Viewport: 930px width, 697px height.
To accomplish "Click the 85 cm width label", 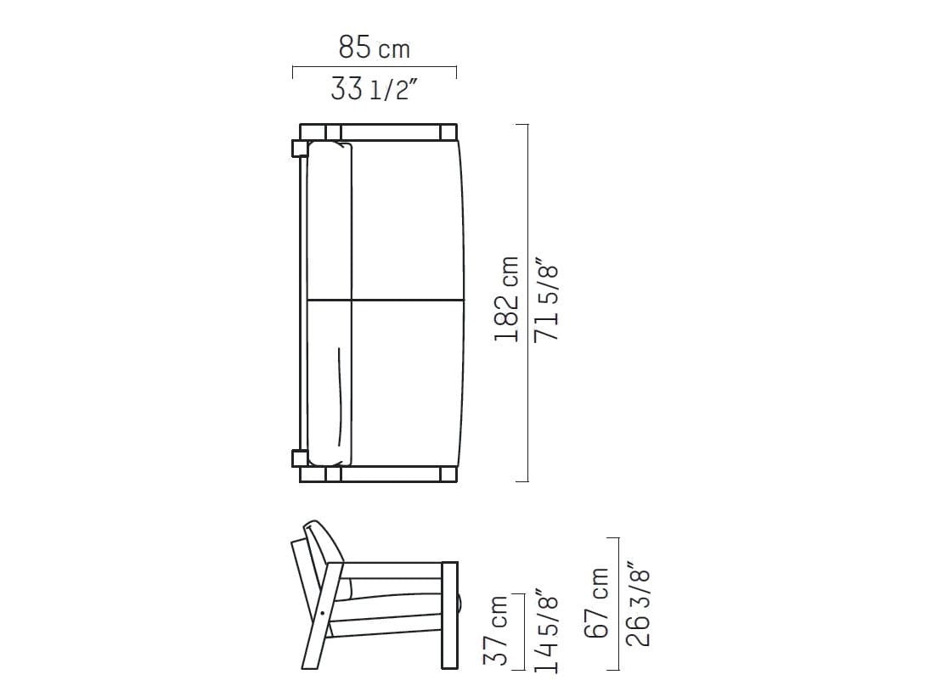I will pyautogui.click(x=374, y=48).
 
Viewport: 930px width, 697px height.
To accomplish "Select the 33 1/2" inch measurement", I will pyautogui.click(x=374, y=88).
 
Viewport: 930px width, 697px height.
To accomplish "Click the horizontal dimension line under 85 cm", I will pyautogui.click(x=374, y=67).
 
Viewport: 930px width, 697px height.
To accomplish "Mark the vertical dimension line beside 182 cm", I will pyautogui.click(x=528, y=302).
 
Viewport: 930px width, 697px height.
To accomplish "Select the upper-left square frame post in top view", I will pyautogui.click(x=299, y=149).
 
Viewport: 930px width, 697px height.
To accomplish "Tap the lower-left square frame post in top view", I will pyautogui.click(x=299, y=458).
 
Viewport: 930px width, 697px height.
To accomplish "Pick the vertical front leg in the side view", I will pyautogui.click(x=450, y=615).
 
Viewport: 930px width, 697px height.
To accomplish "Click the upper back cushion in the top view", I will pyautogui.click(x=329, y=221).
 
